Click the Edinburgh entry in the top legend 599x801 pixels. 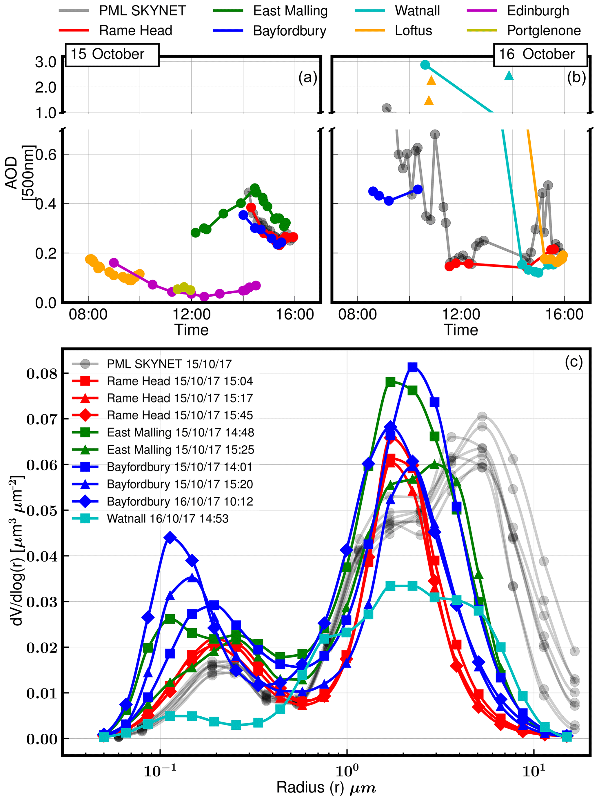tap(538, 11)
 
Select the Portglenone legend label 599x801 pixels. tap(544, 30)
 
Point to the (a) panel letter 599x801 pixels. tap(307, 77)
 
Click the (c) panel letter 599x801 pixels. tap(574, 362)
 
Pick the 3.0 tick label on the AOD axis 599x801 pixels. tap(45, 62)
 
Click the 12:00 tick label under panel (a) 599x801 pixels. tap(192, 314)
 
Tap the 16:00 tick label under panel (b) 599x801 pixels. tap(564, 314)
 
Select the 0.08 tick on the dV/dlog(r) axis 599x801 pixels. tap(42, 373)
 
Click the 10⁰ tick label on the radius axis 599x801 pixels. tap(347, 772)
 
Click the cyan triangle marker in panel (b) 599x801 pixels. tap(509, 75)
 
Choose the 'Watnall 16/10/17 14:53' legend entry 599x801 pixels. tap(167, 519)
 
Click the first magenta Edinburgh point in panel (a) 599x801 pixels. tap(114, 263)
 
